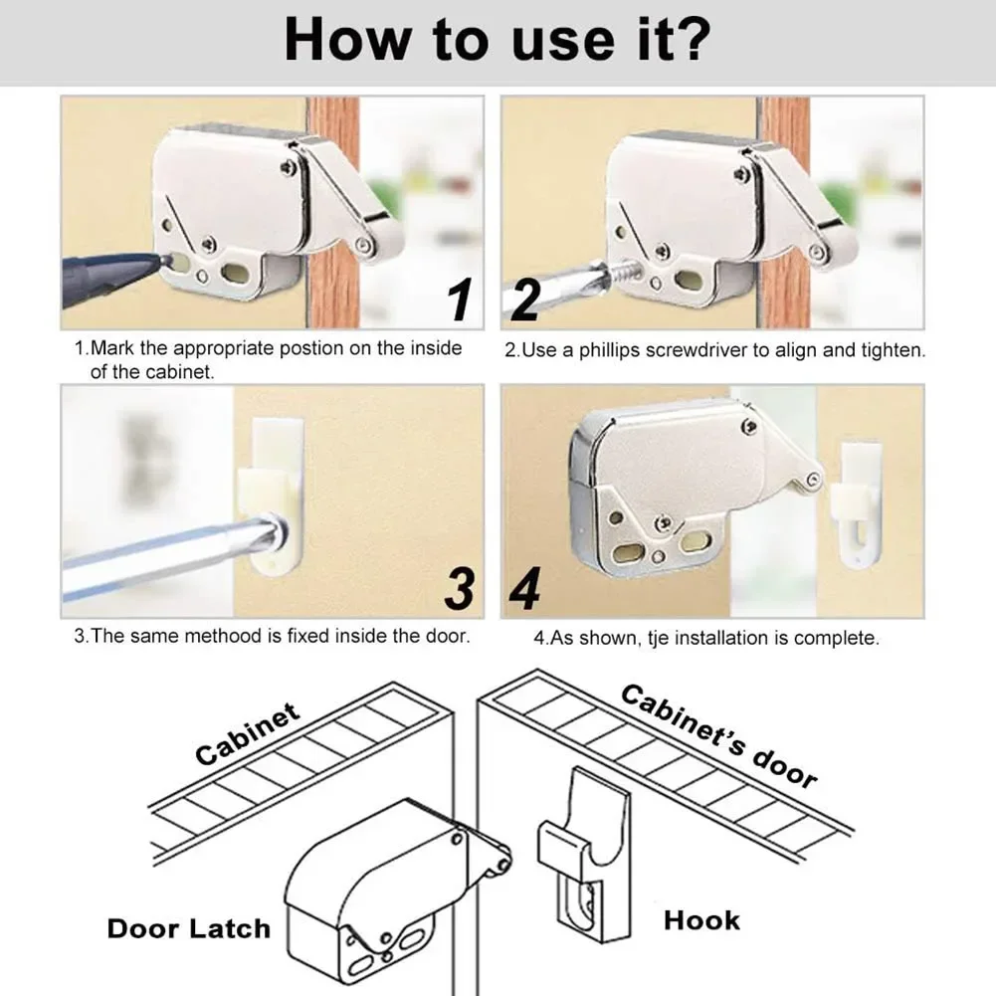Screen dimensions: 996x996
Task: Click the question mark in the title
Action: tap(689, 40)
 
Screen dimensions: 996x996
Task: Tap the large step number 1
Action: tap(460, 299)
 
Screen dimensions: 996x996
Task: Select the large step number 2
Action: tap(525, 299)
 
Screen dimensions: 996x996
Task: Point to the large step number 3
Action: tap(460, 589)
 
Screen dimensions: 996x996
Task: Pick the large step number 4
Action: tap(525, 589)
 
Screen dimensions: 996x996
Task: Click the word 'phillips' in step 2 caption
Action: tap(609, 351)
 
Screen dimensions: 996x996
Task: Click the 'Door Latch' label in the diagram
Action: tap(189, 928)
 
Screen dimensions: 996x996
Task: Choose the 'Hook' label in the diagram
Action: tap(701, 920)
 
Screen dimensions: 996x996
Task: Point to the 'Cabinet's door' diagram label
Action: tap(718, 736)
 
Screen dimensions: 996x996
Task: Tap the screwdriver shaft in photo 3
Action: tap(171, 556)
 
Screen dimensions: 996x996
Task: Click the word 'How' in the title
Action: tap(347, 40)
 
